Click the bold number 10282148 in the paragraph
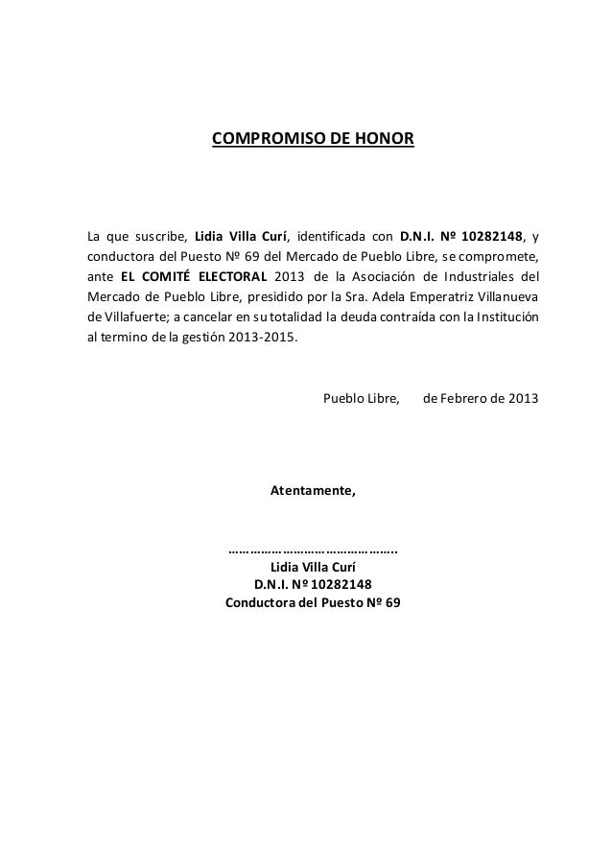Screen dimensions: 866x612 [491, 237]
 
